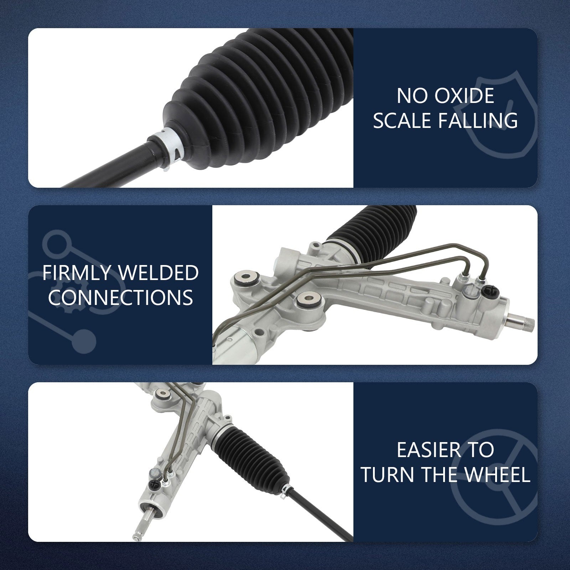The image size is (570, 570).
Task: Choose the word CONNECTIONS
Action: coord(120,297)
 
